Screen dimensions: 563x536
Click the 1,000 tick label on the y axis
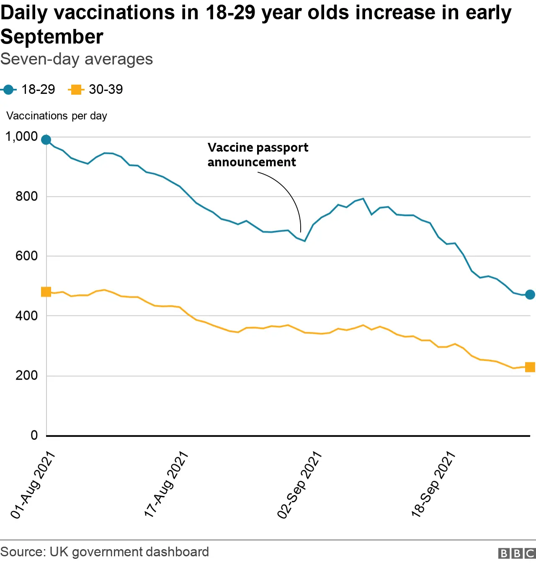point(21,137)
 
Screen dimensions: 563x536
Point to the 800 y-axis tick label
point(26,196)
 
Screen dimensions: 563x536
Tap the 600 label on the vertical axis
point(26,256)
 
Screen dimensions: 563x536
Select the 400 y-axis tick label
point(26,316)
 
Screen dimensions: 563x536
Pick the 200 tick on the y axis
point(26,375)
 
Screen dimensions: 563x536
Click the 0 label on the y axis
point(34,435)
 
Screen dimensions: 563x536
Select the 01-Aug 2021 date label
point(33,485)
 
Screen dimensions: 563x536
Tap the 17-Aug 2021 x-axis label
point(166,485)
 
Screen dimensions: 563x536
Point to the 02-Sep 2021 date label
point(299,485)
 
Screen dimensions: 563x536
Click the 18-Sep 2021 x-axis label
point(433,485)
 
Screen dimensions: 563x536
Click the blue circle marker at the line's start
point(46,139)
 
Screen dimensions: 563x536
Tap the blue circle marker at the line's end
point(530,294)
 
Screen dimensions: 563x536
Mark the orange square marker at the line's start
point(46,292)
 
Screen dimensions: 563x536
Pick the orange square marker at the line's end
point(530,367)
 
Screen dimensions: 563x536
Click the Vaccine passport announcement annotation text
point(258,155)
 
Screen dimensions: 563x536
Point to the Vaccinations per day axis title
point(57,116)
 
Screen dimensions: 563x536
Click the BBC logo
point(517,553)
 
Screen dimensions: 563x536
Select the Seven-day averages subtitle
point(77,59)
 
